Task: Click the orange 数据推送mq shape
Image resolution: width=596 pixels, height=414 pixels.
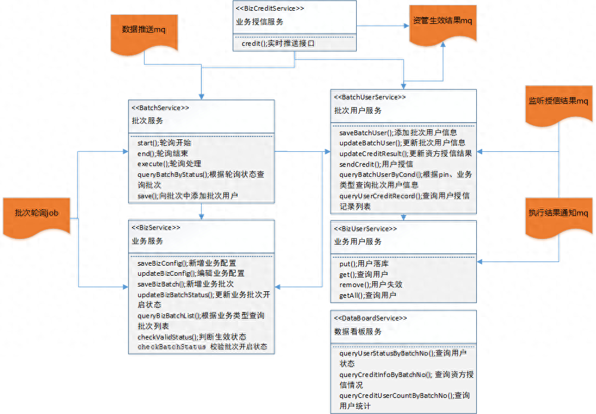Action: (x=144, y=33)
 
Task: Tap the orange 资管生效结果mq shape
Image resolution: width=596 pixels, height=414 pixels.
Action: (x=443, y=24)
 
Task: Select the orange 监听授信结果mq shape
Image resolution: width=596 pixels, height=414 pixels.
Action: (x=558, y=105)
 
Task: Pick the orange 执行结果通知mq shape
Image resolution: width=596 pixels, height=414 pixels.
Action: (x=558, y=217)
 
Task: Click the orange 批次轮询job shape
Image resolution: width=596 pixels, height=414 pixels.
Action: (x=36, y=217)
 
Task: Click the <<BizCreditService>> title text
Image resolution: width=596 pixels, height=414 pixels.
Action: (x=270, y=8)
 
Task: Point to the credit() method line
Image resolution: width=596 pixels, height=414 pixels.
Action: (x=278, y=43)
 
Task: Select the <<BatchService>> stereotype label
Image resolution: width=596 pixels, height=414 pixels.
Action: (x=160, y=108)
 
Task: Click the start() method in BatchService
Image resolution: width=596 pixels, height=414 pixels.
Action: (x=164, y=143)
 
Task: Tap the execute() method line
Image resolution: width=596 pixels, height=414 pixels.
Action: (x=169, y=164)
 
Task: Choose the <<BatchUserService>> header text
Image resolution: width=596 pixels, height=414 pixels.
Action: (x=370, y=97)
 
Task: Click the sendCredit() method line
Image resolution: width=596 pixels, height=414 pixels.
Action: (x=376, y=164)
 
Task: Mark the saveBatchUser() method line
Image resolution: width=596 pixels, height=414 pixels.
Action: (x=398, y=133)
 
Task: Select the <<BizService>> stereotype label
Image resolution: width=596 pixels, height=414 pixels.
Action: (x=156, y=228)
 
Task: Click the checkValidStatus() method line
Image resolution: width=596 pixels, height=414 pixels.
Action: (x=192, y=337)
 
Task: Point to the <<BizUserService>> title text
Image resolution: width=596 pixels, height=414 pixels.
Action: (x=365, y=229)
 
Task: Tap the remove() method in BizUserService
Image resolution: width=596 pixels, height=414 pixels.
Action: (x=370, y=285)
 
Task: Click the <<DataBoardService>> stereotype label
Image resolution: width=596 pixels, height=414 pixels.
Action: (x=370, y=318)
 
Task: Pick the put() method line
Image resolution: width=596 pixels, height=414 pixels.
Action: (x=364, y=264)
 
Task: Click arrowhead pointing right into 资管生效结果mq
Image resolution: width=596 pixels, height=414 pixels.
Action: (x=406, y=26)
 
